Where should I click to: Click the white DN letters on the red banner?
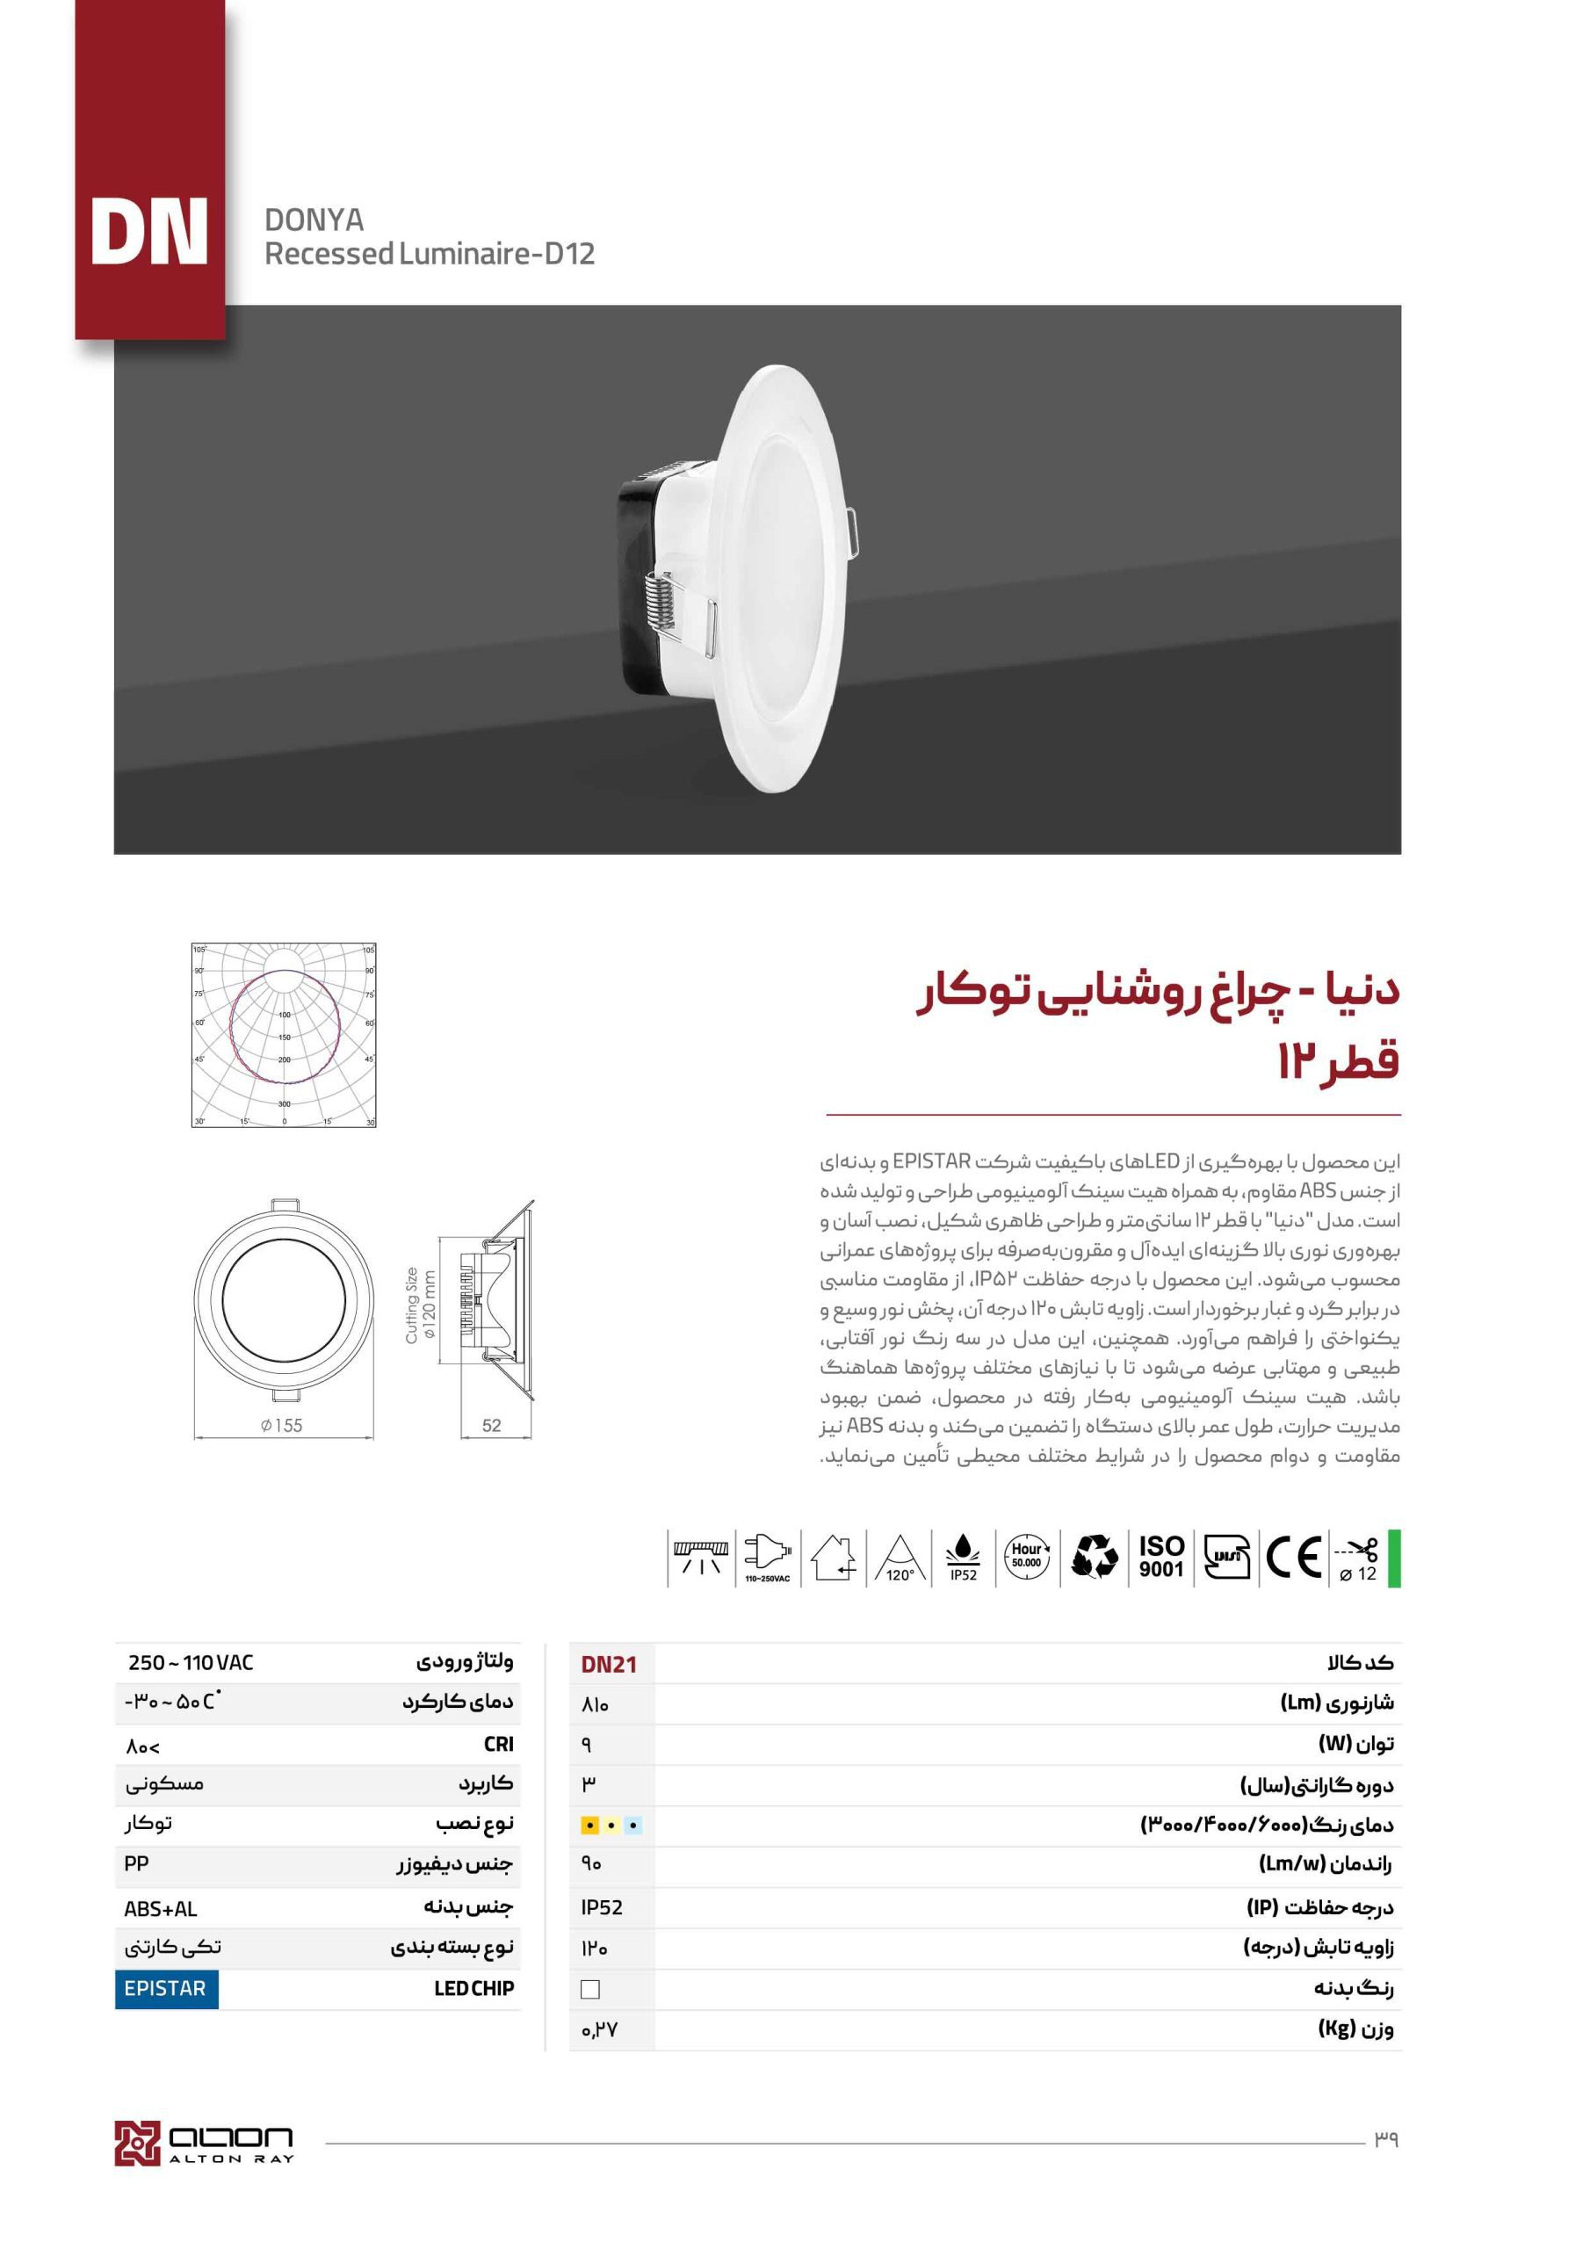149,232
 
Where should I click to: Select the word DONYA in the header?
314,220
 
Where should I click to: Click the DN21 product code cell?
609,1664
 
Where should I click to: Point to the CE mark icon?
1294,1557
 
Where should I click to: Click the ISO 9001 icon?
1161,1557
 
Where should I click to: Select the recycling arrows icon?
1095,1557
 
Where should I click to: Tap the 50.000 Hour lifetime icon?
1027,1557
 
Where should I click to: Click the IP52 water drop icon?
963,1557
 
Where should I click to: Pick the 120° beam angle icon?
900,1558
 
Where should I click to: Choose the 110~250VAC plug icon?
767,1557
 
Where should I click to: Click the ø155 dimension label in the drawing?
281,1426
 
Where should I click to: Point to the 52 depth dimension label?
492,1426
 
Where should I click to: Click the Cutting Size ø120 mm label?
419,1305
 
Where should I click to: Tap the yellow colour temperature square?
589,1826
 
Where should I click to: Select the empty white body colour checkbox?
589,1990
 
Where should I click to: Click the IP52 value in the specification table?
602,1907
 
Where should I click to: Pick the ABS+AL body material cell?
161,1909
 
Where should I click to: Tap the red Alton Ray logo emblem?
136,2144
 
